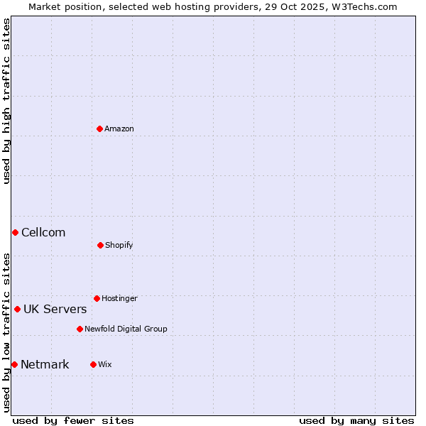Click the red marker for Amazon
99,129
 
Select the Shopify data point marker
100,245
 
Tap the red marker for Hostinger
97,298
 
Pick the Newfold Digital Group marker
80,329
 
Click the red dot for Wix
93,364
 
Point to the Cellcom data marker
15,232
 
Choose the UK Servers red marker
17,309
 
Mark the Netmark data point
14,364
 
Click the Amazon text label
119,129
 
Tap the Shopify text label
119,245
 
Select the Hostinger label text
119,298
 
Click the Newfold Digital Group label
126,329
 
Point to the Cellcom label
43,232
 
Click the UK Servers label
55,309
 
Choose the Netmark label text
45,365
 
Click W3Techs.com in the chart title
362,6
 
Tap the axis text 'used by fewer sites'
73,420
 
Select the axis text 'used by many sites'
356,420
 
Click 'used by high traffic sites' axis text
6,101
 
